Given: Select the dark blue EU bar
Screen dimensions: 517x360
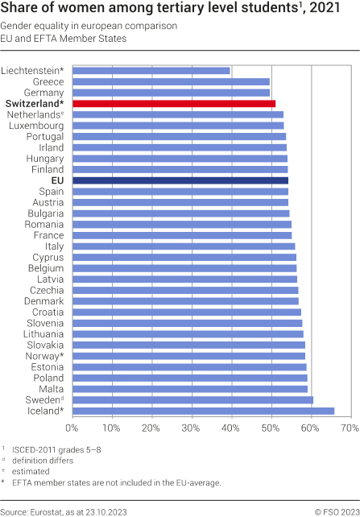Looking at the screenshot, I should point(180,181).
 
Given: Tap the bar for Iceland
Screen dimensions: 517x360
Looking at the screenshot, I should point(203,411).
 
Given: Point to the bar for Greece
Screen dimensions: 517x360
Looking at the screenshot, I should point(171,82).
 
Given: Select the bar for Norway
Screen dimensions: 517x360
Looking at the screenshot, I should point(188,355).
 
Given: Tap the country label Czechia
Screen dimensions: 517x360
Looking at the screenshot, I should point(45,290).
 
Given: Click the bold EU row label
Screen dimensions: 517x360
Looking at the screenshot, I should point(56,181).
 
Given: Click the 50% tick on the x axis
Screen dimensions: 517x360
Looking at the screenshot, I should point(271,428).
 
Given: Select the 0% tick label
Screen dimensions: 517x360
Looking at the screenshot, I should point(72,428).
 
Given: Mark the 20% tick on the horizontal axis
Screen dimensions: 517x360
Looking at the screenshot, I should point(151,428).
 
